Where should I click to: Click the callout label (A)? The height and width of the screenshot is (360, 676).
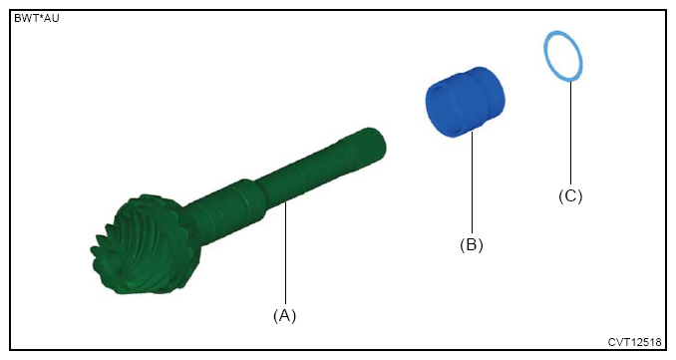pos(284,315)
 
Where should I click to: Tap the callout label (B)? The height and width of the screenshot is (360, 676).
pos(472,245)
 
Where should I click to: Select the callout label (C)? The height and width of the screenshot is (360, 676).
pos(570,195)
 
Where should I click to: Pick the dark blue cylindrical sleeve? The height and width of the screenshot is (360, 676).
pos(465,102)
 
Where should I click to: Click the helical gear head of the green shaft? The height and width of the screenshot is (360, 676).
pos(146,244)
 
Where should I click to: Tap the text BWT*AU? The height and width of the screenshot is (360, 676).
pos(37,19)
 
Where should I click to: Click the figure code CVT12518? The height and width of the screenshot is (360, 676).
pos(634,342)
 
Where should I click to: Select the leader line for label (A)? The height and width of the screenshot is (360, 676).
pos(285,254)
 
